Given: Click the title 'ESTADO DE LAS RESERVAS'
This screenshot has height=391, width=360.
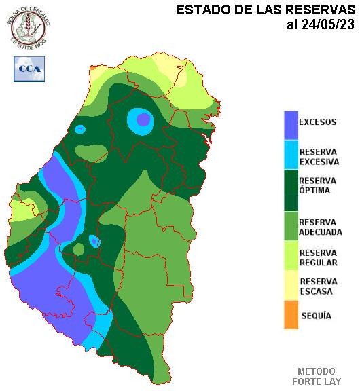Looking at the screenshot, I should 265,10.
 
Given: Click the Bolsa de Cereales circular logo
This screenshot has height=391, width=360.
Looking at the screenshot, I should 29,29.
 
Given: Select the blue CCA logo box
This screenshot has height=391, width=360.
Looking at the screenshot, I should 29,69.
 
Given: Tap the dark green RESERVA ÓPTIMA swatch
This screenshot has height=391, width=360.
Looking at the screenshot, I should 291,191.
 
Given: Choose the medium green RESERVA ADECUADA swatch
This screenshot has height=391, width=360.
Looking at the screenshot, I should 291,226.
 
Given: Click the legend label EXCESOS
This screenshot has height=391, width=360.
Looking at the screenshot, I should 317,122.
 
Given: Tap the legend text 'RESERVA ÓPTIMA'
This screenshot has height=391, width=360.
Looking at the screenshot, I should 317,185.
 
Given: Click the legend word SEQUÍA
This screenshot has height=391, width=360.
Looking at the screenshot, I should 316,316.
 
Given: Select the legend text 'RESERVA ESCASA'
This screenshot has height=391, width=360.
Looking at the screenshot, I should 319,286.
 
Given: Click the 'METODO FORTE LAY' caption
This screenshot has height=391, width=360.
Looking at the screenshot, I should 317,377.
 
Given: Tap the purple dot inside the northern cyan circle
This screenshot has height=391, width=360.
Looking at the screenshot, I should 143,120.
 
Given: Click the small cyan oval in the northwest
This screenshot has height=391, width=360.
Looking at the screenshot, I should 81,129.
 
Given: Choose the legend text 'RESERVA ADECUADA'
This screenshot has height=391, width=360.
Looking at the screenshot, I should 320,227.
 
